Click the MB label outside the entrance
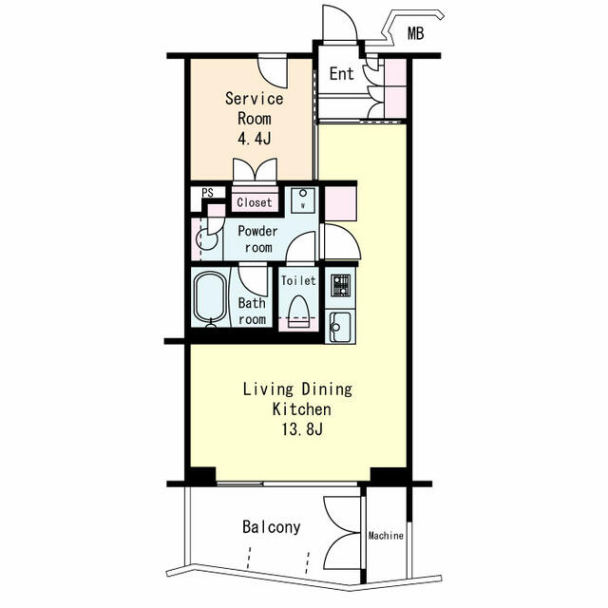pyautogui.click(x=416, y=35)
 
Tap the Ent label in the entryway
pyautogui.click(x=341, y=74)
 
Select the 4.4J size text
pyautogui.click(x=254, y=139)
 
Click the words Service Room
pyautogui.click(x=254, y=108)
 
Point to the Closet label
pyautogui.click(x=255, y=202)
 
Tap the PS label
pyautogui.click(x=206, y=193)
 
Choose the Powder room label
pyautogui.click(x=257, y=239)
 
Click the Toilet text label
pyautogui.click(x=298, y=281)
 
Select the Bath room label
pyautogui.click(x=252, y=312)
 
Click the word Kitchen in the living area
pyautogui.click(x=302, y=409)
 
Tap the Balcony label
pyautogui.click(x=271, y=526)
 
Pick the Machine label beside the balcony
pyautogui.click(x=386, y=536)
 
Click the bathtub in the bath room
pyautogui.click(x=209, y=299)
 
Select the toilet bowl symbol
pyautogui.click(x=299, y=310)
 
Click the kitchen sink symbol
pyautogui.click(x=339, y=326)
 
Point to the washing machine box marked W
pyautogui.click(x=303, y=199)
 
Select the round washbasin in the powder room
pyautogui.click(x=206, y=238)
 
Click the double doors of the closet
pyautogui.click(x=255, y=171)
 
